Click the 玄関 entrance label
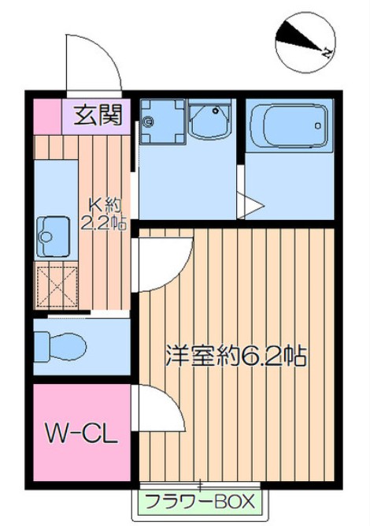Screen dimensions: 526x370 (x=98, y=116)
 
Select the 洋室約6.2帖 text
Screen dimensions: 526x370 (x=235, y=354)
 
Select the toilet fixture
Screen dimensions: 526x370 (x=64, y=345)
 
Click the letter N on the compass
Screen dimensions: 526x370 (x=325, y=52)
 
